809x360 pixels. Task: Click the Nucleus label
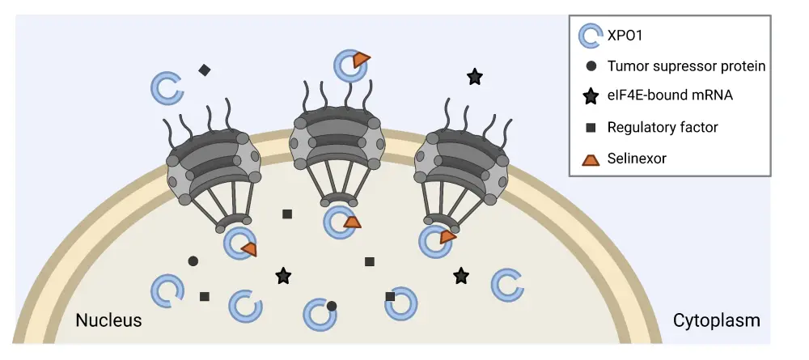click(x=108, y=320)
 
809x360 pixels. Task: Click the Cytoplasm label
click(x=716, y=320)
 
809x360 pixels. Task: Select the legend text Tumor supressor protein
click(x=686, y=66)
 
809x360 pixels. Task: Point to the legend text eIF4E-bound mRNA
click(x=670, y=96)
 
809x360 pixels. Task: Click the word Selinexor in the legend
click(x=637, y=158)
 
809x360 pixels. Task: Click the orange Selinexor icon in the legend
click(x=591, y=159)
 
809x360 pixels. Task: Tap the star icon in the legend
click(x=591, y=97)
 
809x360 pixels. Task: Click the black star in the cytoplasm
click(x=475, y=77)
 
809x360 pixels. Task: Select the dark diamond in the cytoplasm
click(x=204, y=70)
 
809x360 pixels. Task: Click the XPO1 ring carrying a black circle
click(x=320, y=314)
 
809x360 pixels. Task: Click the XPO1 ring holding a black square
click(x=401, y=303)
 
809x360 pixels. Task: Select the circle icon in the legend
click(x=591, y=66)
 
